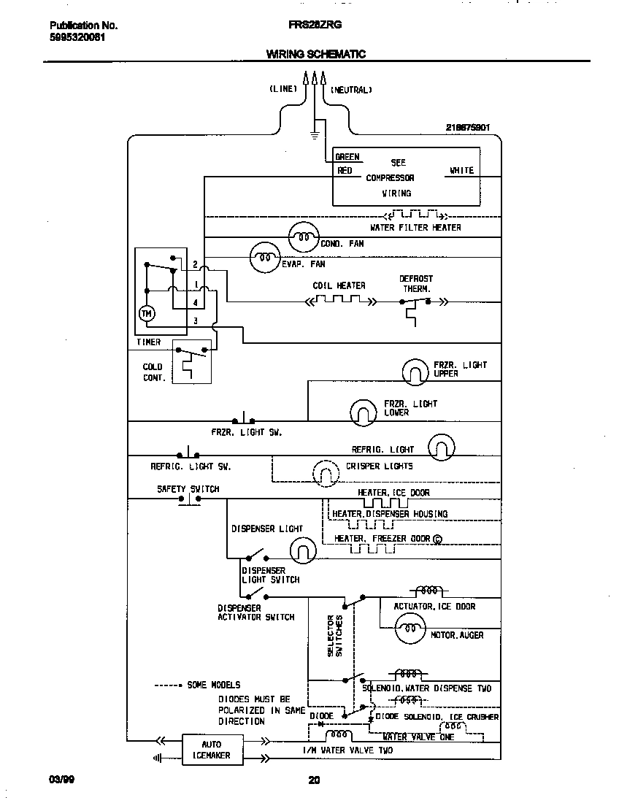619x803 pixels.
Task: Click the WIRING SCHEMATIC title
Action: click(315, 54)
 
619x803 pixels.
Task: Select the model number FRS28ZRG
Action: click(315, 24)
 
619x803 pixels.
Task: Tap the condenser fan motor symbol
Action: click(303, 235)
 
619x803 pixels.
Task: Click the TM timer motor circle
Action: click(147, 312)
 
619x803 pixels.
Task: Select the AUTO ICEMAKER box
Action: click(206, 750)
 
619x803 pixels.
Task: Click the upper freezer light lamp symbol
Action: click(415, 372)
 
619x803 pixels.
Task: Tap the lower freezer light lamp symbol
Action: click(363, 412)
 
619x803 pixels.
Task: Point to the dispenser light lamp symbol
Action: click(302, 550)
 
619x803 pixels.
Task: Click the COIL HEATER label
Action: click(339, 285)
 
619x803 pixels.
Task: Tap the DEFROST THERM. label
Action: click(415, 283)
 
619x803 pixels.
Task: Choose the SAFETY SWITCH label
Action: click(188, 489)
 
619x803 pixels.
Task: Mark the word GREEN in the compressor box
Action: click(347, 157)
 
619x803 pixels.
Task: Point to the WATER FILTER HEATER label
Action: click(415, 228)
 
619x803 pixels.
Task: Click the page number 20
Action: click(313, 780)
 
